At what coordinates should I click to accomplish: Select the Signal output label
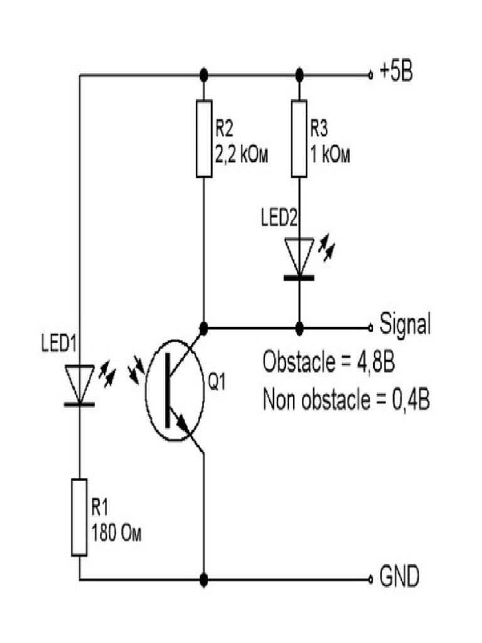point(405,326)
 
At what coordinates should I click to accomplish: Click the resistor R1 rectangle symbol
point(79,516)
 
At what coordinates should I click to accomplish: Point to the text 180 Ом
point(117,534)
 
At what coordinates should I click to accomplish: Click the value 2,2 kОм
point(242,155)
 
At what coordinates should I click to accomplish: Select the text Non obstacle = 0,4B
point(346,399)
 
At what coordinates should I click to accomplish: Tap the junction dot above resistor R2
point(203,75)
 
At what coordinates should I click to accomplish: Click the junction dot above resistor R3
point(299,75)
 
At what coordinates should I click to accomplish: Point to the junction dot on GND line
point(203,578)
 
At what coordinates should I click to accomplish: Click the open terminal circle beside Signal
point(370,327)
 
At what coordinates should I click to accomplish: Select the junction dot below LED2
point(299,327)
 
